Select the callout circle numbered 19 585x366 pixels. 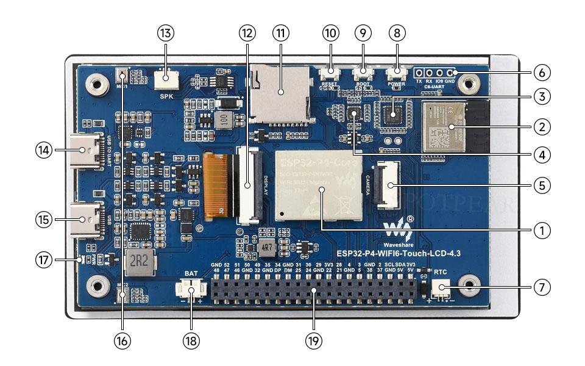pyautogui.click(x=314, y=340)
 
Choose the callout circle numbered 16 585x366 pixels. pyautogui.click(x=122, y=340)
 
